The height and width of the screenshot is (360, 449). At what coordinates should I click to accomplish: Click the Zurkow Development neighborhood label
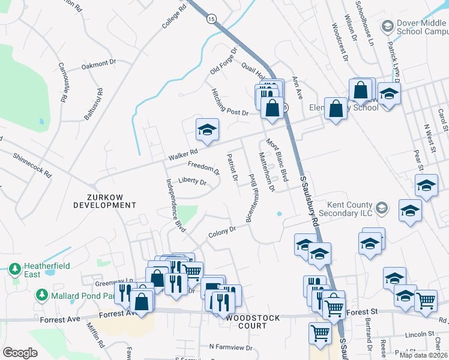click(104, 200)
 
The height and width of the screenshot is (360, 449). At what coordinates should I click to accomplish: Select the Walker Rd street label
click(183, 155)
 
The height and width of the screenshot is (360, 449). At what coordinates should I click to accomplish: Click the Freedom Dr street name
click(203, 168)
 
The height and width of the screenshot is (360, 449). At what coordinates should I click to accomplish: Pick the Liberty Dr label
click(192, 182)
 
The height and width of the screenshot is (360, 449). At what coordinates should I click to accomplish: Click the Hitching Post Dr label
click(229, 101)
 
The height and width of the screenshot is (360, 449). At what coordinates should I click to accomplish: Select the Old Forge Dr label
click(224, 62)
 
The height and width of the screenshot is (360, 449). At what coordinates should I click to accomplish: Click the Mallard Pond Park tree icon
click(41, 295)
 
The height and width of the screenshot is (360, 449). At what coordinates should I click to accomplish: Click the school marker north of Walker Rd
click(207, 130)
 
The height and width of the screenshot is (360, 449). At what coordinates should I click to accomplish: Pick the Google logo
click(20, 353)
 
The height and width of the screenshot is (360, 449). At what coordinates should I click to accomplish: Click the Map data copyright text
click(423, 355)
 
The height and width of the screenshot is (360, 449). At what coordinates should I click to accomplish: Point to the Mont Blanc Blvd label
click(277, 161)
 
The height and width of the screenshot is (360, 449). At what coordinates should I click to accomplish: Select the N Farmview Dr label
click(231, 347)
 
